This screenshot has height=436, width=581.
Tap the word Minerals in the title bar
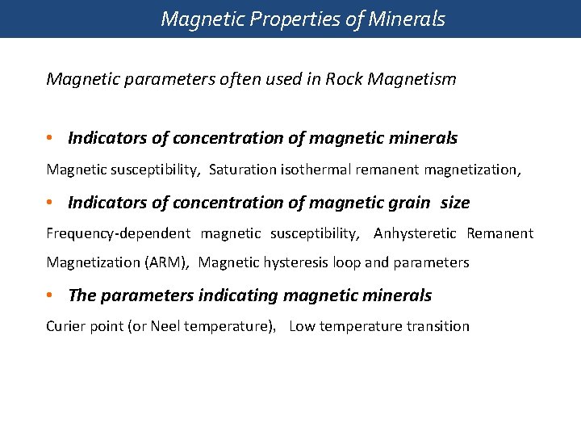pyautogui.click(x=407, y=19)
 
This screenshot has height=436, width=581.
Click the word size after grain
pyautogui.click(x=455, y=203)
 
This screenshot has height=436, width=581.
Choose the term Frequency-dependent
pyautogui.click(x=118, y=234)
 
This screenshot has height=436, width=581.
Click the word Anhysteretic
pyautogui.click(x=415, y=234)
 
